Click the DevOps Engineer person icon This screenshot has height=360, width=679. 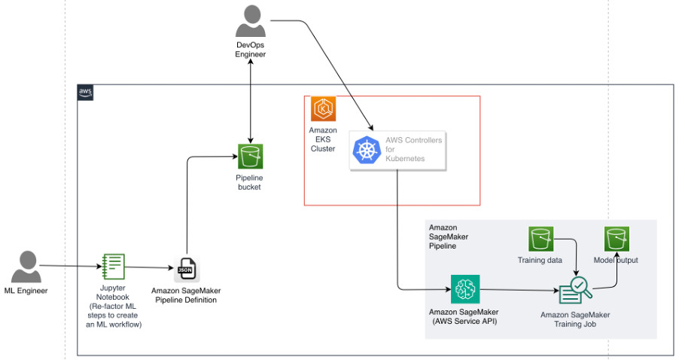click(250, 21)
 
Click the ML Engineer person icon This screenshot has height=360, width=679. click(26, 267)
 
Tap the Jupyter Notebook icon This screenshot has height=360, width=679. click(114, 267)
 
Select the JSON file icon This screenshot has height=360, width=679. click(187, 269)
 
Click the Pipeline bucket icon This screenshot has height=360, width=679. click(250, 157)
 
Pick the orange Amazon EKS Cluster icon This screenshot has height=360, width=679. click(323, 108)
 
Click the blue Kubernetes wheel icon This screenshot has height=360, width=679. click(367, 150)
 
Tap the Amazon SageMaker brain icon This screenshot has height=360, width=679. click(465, 289)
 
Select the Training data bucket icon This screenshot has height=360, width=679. click(540, 239)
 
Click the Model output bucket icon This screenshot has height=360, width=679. click(617, 239)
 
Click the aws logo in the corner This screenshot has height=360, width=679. click(85, 93)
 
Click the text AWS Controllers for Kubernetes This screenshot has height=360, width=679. click(413, 149)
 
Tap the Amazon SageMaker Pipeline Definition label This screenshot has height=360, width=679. click(186, 295)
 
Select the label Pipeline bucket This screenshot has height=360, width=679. click(249, 182)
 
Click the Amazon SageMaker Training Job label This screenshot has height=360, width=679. click(575, 319)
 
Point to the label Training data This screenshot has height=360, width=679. click(540, 260)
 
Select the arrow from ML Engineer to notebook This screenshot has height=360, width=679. click(71, 267)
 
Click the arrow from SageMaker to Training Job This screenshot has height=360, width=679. click(519, 290)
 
